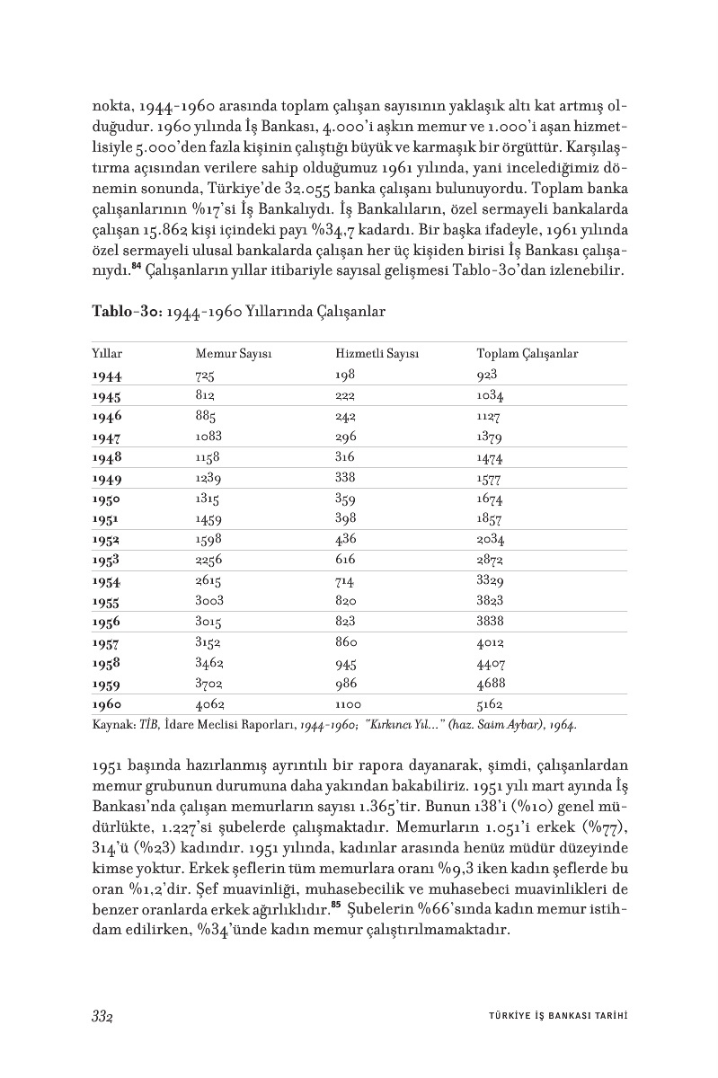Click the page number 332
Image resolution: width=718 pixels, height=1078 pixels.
coord(104,1016)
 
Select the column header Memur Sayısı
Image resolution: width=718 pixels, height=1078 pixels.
coord(234,354)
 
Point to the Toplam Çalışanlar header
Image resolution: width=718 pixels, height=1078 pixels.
coord(527,354)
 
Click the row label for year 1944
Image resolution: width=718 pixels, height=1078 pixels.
coord(107,376)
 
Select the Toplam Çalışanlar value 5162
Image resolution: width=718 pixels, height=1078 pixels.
coord(490,704)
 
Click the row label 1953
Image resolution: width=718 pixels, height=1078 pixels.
coord(107,560)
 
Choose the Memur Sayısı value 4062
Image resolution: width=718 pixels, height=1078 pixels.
coord(209,704)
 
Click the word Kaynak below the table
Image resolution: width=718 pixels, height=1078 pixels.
coord(111,723)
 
